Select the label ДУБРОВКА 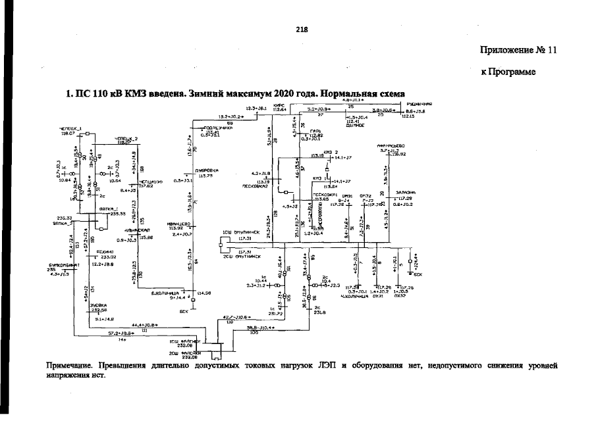coord(208,170)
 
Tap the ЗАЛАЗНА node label coord(405,193)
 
